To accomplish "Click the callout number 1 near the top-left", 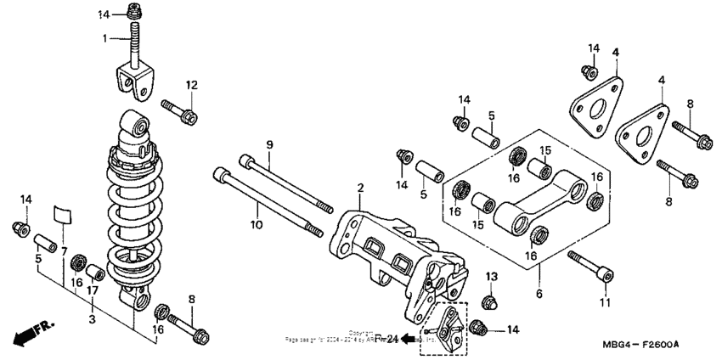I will click(105, 38).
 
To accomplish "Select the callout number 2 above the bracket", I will click(360, 188).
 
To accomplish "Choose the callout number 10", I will click(256, 224).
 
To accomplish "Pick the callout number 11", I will click(605, 302).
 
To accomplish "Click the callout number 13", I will click(491, 278).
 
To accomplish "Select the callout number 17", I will click(92, 290).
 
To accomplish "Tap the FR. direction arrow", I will click(32, 330).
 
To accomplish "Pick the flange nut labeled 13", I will click(491, 302).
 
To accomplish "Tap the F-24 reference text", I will click(386, 339).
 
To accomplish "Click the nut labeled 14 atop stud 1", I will click(134, 12).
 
